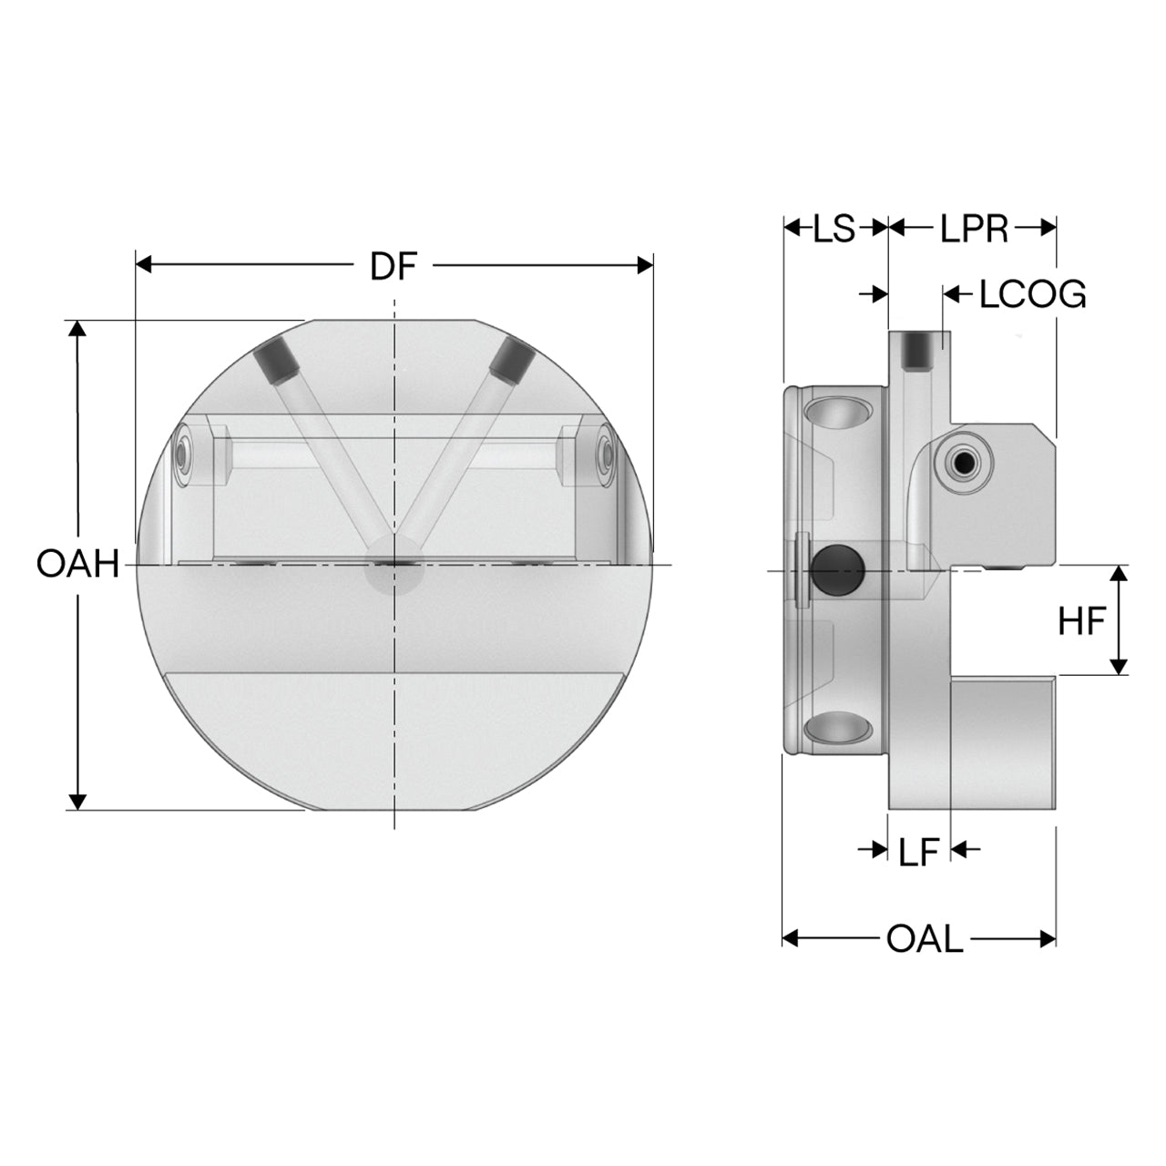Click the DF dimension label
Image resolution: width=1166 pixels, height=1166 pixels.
click(x=394, y=266)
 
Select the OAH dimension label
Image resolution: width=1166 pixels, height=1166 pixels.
click(x=78, y=564)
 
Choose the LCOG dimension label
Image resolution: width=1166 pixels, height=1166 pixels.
click(x=1032, y=294)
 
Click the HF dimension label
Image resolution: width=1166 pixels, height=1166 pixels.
click(x=1082, y=621)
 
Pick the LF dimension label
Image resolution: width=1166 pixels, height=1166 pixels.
click(x=918, y=852)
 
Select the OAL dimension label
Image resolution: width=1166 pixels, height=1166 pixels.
click(x=924, y=938)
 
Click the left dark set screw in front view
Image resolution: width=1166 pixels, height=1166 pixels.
click(x=276, y=363)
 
